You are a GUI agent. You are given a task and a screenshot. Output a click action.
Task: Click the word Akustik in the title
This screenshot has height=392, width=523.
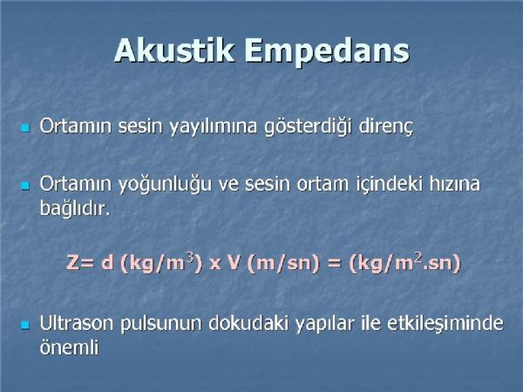click(x=173, y=51)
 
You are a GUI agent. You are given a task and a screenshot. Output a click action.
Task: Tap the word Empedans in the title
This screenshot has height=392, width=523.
click(x=327, y=52)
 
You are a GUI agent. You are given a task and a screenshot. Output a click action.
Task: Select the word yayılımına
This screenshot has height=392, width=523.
click(x=214, y=127)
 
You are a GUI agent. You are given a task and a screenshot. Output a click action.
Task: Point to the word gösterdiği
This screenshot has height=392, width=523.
click(x=308, y=127)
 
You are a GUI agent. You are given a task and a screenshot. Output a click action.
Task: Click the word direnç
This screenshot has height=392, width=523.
click(x=385, y=127)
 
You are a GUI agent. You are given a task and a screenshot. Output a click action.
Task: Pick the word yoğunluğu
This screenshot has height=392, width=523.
click(x=165, y=185)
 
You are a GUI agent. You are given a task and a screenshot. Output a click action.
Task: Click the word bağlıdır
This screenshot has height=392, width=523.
click(x=75, y=209)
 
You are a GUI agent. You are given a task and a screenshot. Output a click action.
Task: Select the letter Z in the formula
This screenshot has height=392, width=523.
click(x=72, y=263)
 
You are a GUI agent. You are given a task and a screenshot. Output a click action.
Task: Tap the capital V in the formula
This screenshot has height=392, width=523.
click(x=234, y=263)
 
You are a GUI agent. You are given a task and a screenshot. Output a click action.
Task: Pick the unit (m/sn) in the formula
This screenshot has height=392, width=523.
click(x=283, y=264)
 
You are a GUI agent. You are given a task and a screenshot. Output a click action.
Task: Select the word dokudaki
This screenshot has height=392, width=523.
click(x=248, y=322)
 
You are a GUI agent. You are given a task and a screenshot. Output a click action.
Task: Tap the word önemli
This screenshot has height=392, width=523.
click(x=70, y=348)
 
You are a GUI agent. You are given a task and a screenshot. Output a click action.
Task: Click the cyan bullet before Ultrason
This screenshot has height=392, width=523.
click(x=25, y=325)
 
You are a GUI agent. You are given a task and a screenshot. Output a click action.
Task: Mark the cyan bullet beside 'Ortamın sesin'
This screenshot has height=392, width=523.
click(x=25, y=128)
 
